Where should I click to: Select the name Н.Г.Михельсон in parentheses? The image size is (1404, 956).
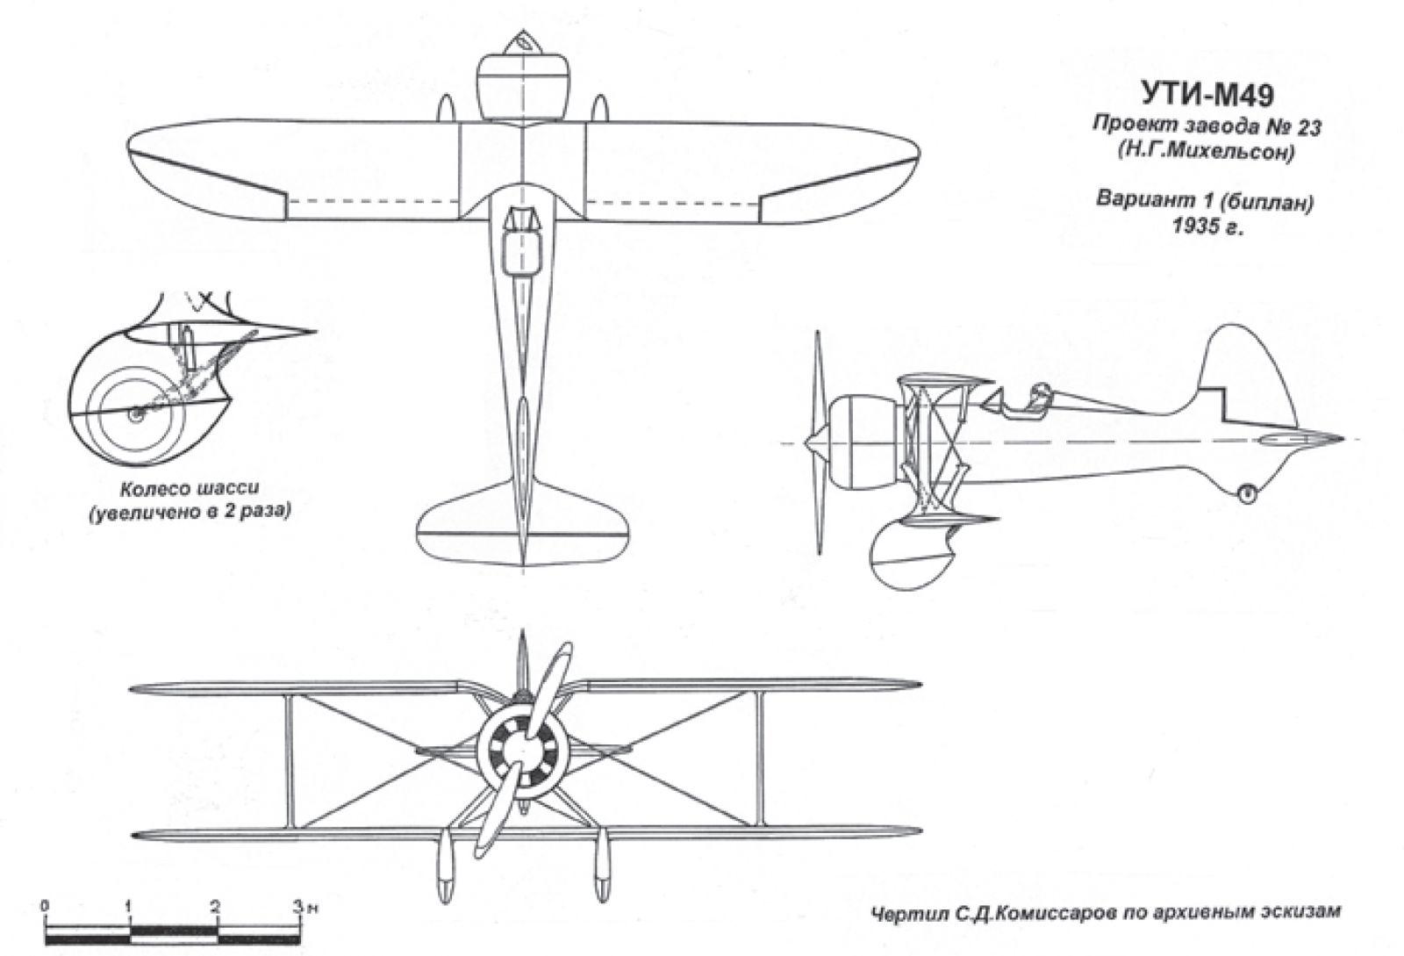pyautogui.click(x=1206, y=153)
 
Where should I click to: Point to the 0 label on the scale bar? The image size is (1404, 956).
pyautogui.click(x=45, y=906)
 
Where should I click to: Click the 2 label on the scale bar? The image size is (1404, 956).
pyautogui.click(x=216, y=906)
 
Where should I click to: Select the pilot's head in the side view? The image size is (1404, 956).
pyautogui.click(x=1040, y=392)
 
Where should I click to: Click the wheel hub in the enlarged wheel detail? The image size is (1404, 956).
pyautogui.click(x=135, y=414)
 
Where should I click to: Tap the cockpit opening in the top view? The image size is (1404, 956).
pyautogui.click(x=523, y=241)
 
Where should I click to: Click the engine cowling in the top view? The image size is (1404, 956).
pyautogui.click(x=523, y=88)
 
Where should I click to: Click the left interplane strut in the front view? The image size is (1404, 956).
pyautogui.click(x=289, y=759)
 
